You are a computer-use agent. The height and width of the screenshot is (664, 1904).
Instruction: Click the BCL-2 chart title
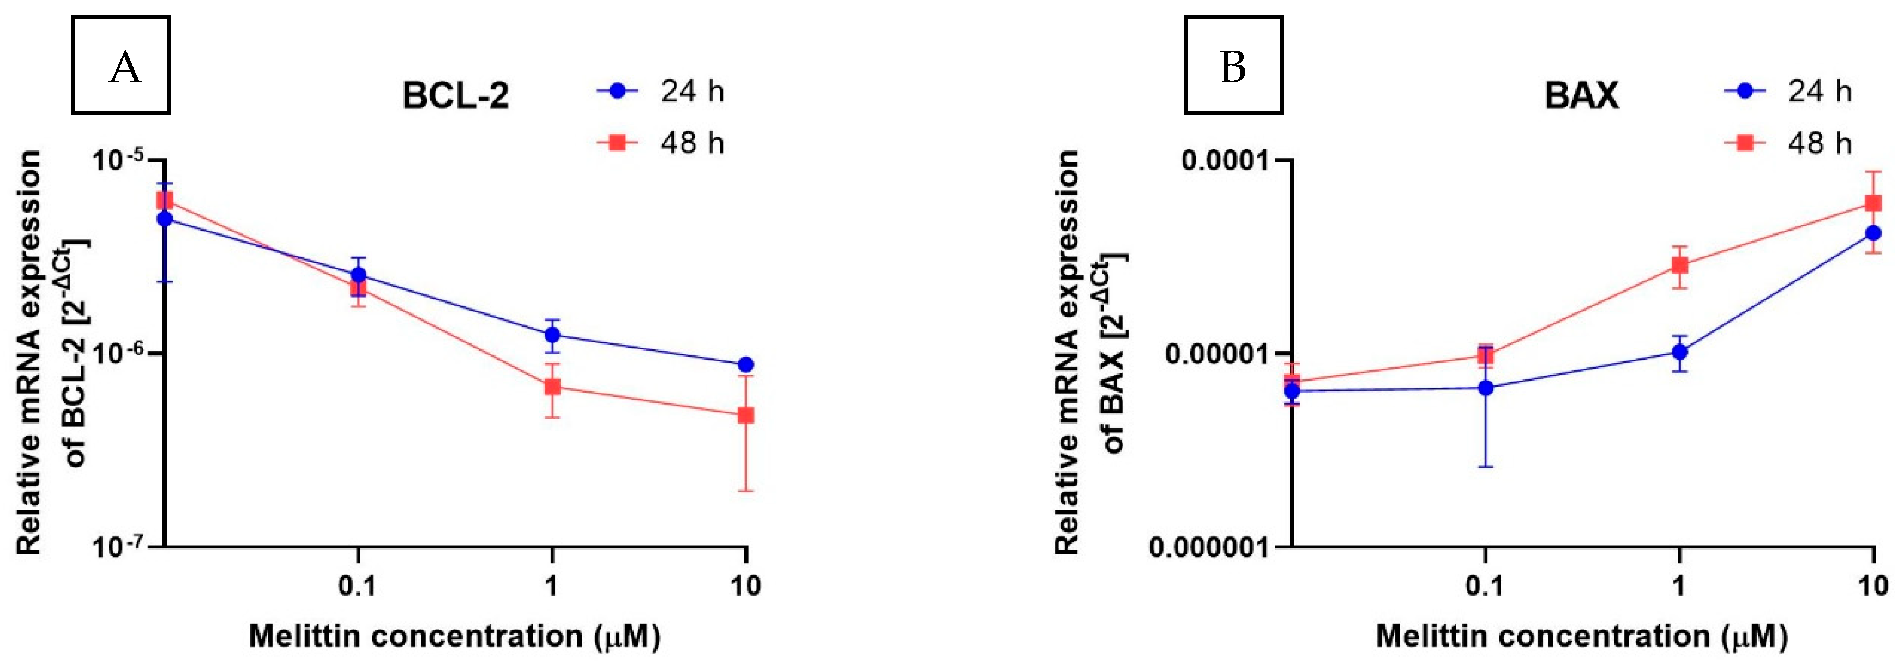click(455, 96)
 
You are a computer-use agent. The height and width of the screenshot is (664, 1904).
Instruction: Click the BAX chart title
click(1581, 96)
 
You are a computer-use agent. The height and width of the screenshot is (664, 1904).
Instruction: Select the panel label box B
click(1233, 65)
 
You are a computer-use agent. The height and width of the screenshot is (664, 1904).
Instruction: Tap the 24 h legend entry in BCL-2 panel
click(661, 92)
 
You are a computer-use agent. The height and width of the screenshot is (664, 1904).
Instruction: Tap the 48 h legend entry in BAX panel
click(1789, 142)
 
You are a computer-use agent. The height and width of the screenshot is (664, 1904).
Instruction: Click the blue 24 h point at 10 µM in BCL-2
click(746, 365)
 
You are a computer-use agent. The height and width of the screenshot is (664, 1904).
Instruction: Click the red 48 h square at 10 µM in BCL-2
click(746, 415)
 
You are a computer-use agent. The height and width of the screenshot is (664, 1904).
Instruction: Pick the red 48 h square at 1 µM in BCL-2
click(552, 387)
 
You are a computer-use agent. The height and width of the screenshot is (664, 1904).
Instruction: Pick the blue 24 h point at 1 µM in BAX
click(1679, 352)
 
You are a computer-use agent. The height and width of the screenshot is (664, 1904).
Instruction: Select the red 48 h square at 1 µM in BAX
click(1679, 265)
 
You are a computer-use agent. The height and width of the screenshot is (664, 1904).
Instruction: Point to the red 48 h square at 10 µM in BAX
click(1873, 203)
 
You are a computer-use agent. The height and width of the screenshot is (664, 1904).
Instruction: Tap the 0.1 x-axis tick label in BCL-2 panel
click(357, 587)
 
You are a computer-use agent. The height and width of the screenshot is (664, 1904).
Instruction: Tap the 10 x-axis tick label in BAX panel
click(1873, 587)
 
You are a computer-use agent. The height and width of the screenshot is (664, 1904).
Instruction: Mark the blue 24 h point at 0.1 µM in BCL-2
click(358, 275)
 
